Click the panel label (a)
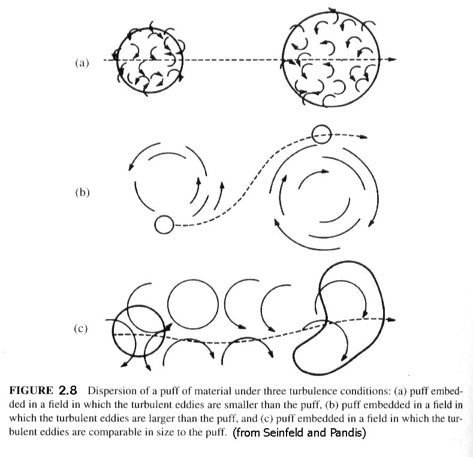[x=82, y=63]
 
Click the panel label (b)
[x=82, y=193]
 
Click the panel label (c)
[x=80, y=328]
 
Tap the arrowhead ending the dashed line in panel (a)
[x=391, y=59]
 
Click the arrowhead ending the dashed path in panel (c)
[x=391, y=320]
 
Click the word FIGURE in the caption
[x=31, y=390]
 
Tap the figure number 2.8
[x=68, y=390]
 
